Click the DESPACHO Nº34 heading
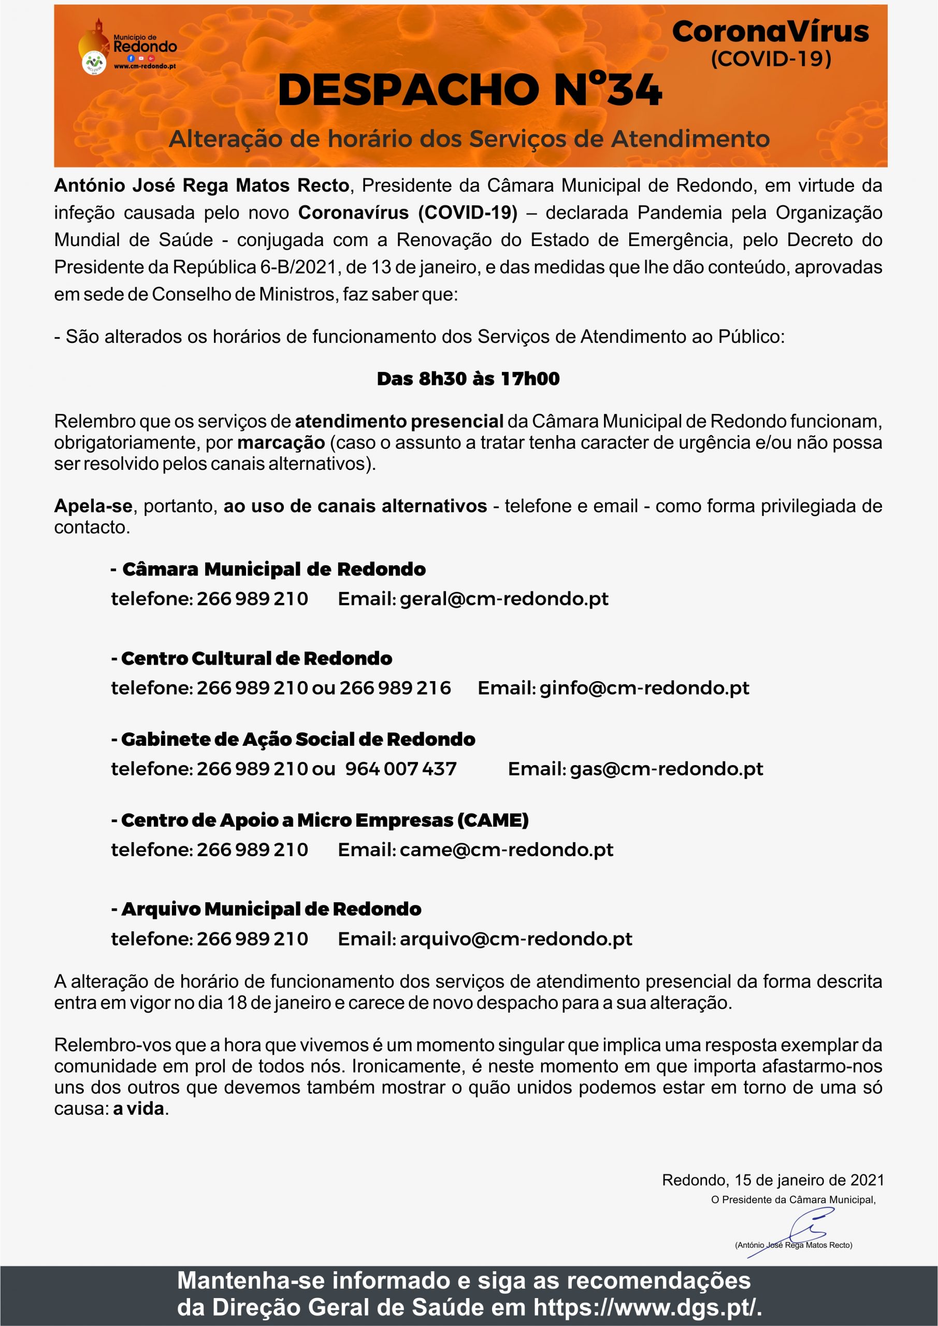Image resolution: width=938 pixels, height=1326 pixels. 469,90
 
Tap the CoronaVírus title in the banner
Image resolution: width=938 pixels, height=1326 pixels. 770,32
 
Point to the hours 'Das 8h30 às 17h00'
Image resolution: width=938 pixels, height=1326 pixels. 468,379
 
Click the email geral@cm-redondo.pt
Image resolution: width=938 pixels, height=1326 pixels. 503,599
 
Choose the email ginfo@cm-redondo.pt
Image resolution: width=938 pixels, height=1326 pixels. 644,688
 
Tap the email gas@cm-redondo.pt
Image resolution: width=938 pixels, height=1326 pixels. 666,769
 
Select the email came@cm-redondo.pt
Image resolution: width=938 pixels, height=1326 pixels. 506,849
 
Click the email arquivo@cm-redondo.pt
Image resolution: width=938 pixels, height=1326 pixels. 516,939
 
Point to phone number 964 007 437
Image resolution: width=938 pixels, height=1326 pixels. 401,769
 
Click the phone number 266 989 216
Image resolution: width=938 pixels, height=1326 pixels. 395,688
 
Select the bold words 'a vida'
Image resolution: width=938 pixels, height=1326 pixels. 139,1109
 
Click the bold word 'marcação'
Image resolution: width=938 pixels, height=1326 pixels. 281,443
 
